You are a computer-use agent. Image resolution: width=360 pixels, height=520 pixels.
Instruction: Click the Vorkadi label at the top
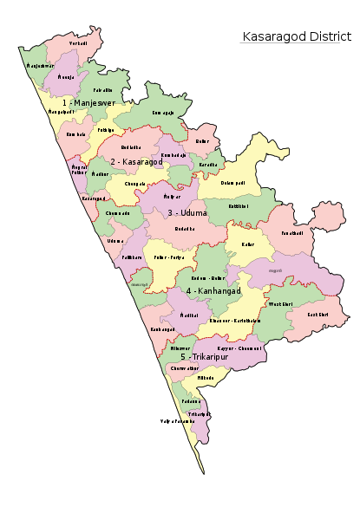pos(79,42)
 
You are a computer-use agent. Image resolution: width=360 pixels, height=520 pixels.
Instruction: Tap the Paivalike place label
pos(102,89)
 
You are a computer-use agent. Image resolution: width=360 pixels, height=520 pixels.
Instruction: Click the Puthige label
pos(106,129)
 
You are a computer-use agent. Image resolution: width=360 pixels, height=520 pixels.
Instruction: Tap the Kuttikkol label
pos(239,206)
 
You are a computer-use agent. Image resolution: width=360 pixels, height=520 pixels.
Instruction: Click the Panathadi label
pos(291,232)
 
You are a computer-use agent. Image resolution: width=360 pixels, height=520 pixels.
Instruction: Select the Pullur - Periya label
pos(168,257)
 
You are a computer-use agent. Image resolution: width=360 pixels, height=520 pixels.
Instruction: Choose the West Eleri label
pos(281,304)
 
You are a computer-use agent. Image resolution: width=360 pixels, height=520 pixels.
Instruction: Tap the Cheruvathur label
pos(185,368)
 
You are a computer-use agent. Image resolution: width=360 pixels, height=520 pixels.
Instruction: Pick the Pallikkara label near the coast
pos(132,257)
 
